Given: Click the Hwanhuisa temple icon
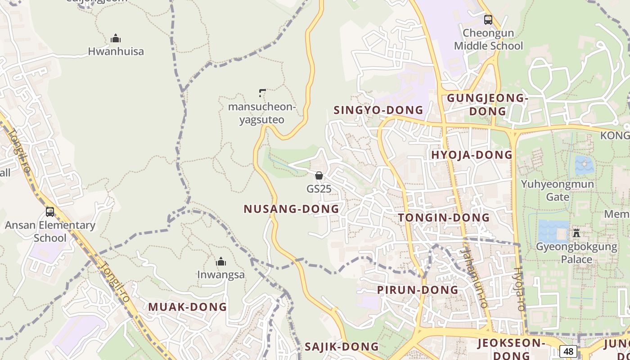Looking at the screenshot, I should pyautogui.click(x=116, y=38).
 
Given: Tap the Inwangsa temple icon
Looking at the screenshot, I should pyautogui.click(x=221, y=261).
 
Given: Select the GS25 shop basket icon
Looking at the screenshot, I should pyautogui.click(x=319, y=175).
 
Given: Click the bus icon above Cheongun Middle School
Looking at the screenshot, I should pyautogui.click(x=488, y=19).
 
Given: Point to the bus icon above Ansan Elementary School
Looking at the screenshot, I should pyautogui.click(x=50, y=211).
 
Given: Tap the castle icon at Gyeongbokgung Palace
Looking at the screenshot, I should pyautogui.click(x=576, y=233).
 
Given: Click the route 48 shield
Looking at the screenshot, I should pyautogui.click(x=568, y=351).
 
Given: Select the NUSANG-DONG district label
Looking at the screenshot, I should pyautogui.click(x=291, y=209).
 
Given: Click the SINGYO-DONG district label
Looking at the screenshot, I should pyautogui.click(x=378, y=110).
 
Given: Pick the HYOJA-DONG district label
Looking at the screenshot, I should pyautogui.click(x=472, y=155).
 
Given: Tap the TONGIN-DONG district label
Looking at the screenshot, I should pyautogui.click(x=444, y=218).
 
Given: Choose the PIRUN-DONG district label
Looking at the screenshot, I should pyautogui.click(x=418, y=290).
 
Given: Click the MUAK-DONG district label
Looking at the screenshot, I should pyautogui.click(x=188, y=307).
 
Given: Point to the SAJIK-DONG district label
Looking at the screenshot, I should pyautogui.click(x=342, y=346).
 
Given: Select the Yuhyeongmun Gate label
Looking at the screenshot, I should pyautogui.click(x=558, y=190).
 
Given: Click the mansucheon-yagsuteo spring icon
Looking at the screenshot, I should pyautogui.click(x=262, y=93).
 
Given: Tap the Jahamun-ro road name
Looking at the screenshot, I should pyautogui.click(x=475, y=279).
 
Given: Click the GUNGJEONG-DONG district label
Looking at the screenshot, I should pyautogui.click(x=487, y=104).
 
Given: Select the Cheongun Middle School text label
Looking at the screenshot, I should pyautogui.click(x=488, y=39).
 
